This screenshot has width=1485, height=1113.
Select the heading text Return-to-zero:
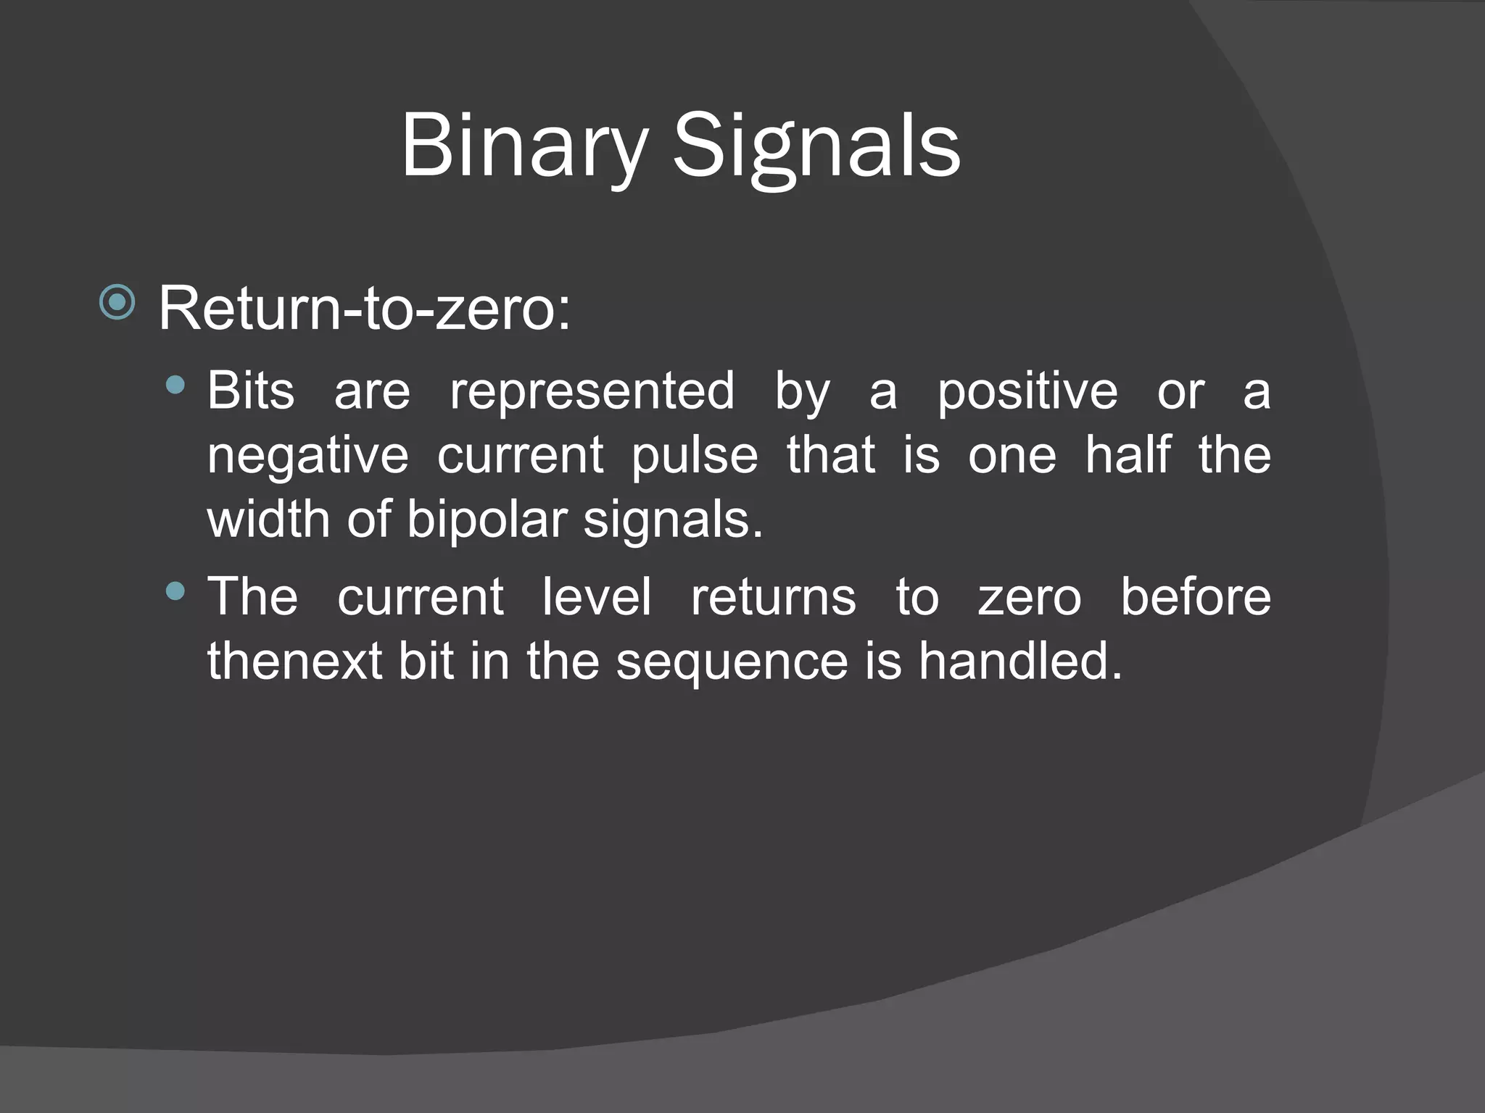pos(365,309)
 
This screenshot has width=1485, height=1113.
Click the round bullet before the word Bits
pos(175,385)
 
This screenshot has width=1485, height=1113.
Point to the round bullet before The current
pos(175,591)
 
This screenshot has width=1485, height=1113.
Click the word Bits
pos(251,391)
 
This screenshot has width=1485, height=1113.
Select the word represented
pos(592,392)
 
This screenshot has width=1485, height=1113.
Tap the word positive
pos(1027,392)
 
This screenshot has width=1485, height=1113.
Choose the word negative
pos(307,457)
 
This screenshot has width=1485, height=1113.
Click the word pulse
pos(694,457)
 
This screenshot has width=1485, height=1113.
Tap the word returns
pos(773,598)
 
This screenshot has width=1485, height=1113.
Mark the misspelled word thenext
pos(294,661)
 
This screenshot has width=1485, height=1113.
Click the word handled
pos(1020,661)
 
